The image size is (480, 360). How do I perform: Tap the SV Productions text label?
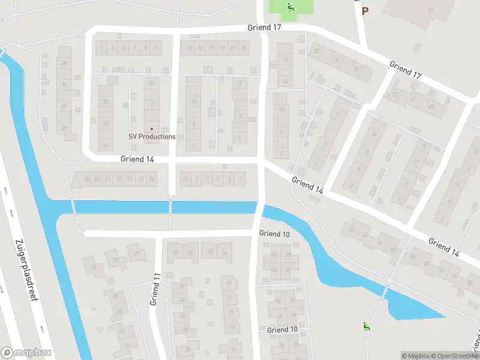tap(152, 136)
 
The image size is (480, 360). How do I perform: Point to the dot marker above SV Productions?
tap(152, 128)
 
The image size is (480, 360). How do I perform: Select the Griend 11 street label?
tap(154, 289)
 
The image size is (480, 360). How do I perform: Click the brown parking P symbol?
tap(365, 10)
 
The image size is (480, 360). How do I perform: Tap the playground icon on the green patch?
tap(290, 7)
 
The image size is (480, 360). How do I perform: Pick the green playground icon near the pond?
tap(365, 326)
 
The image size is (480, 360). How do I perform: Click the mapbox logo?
tap(26, 353)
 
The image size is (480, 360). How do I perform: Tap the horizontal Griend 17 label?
tap(264, 28)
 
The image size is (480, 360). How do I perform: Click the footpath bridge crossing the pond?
tap(385, 293)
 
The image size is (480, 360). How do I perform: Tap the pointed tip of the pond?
tap(445, 316)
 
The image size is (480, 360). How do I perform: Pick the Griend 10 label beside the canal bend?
tap(275, 233)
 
